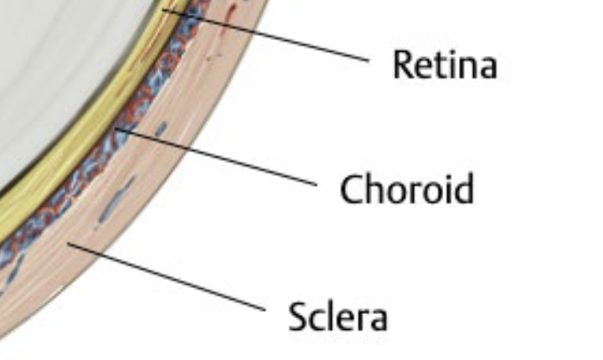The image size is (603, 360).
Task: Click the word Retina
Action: click(445, 64)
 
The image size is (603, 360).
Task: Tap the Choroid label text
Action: click(407, 189)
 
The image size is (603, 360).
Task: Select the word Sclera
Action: click(338, 317)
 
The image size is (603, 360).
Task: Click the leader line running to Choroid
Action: click(226, 159)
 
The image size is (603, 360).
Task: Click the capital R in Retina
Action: click(402, 64)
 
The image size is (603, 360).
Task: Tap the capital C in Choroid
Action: click(350, 189)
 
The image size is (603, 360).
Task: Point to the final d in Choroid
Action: click(463, 189)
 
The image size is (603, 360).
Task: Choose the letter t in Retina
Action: click(443, 64)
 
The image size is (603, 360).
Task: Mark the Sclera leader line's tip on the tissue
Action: click(72, 244)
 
